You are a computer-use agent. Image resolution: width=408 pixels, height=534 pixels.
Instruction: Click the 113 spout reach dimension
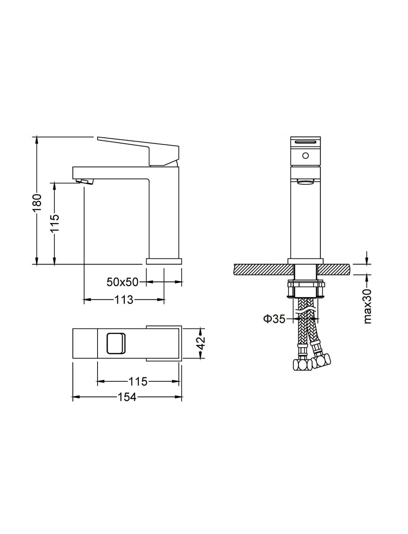click(x=124, y=299)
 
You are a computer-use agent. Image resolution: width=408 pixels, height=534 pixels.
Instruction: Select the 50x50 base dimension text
click(x=122, y=282)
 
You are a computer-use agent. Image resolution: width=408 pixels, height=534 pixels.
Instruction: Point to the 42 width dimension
click(x=202, y=343)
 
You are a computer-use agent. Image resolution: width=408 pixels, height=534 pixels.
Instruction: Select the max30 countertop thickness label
click(x=368, y=306)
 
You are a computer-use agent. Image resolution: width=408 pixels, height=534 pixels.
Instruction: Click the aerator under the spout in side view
click(x=84, y=182)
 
